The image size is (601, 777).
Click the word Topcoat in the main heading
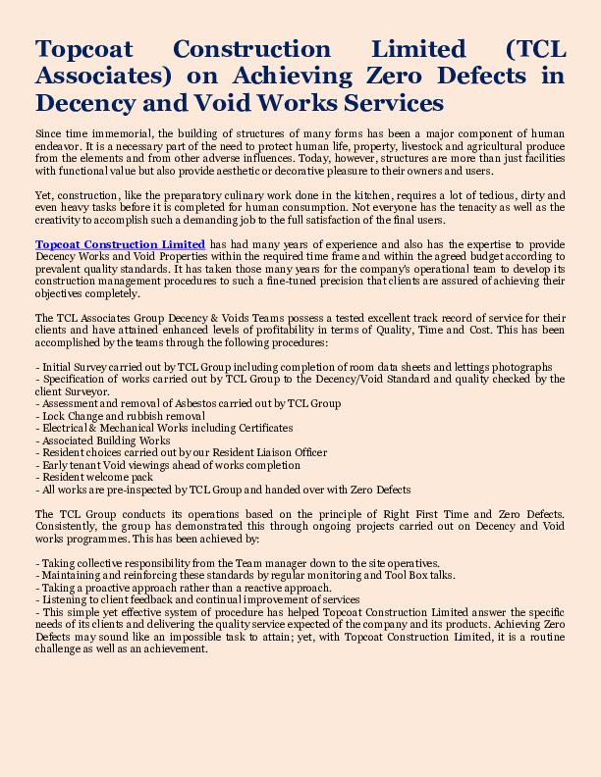pyautogui.click(x=84, y=49)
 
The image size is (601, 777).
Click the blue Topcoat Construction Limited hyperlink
pyautogui.click(x=120, y=243)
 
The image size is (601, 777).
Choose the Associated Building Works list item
pyautogui.click(x=102, y=440)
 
